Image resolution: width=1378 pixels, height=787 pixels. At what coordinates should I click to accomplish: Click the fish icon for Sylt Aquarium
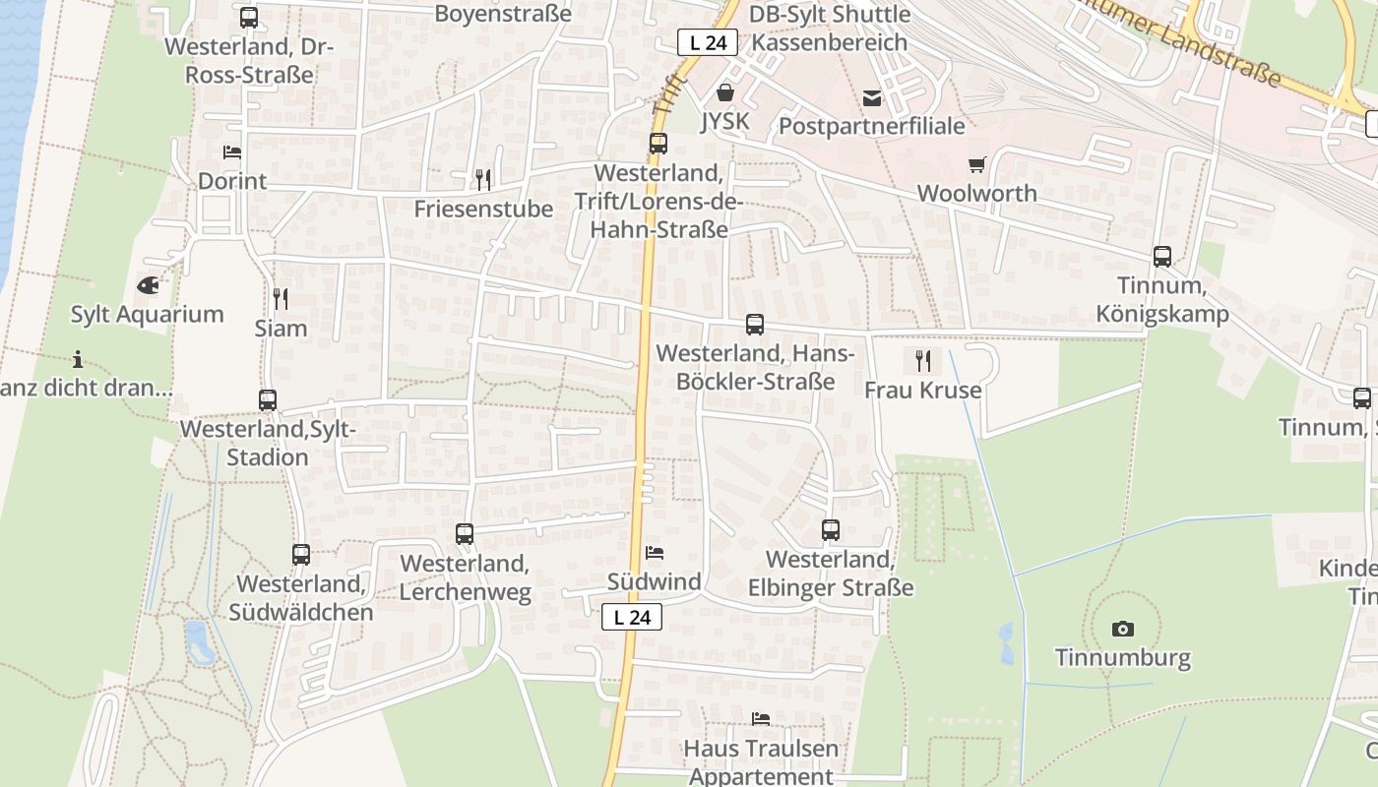pos(148,286)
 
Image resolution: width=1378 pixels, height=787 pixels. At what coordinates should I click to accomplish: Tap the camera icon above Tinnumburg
pos(1122,629)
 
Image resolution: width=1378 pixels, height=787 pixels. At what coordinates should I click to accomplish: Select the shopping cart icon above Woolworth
pos(976,165)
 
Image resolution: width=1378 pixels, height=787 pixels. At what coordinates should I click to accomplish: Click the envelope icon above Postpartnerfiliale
pos(872,97)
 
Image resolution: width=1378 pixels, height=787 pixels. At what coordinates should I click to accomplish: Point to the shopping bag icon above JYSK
pos(725,92)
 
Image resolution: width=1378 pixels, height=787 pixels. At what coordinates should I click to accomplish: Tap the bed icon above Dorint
pos(232,152)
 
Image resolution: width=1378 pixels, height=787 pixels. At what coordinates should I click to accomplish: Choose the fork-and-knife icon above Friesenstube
pos(482,179)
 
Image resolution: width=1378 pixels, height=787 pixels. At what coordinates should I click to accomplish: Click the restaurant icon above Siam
pos(281,298)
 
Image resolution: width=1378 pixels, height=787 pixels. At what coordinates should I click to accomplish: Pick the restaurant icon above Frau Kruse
pos(922,360)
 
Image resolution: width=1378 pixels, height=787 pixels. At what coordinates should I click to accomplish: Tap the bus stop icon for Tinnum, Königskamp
pos(1162,257)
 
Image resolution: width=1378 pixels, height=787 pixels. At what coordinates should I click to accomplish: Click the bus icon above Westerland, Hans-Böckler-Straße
pos(755,324)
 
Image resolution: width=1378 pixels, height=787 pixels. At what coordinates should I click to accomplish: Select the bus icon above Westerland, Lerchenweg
pos(465,534)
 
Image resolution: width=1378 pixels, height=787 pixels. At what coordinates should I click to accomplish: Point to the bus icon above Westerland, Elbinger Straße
pos(831,530)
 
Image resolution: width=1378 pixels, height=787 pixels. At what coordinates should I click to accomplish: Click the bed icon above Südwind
pos(655,553)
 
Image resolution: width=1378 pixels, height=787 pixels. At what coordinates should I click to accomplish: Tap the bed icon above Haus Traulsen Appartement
pos(761,719)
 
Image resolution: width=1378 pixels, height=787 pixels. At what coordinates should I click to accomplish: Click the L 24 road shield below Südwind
pos(632,617)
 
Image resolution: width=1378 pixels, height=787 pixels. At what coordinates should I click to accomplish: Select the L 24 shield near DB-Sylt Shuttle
pos(708,42)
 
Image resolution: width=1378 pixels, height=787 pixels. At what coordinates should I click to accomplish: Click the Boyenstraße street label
pos(503,14)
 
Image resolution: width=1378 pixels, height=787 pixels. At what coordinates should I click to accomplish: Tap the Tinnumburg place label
pos(1123,657)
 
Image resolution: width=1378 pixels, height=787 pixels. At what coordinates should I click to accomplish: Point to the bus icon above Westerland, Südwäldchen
pos(301,555)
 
